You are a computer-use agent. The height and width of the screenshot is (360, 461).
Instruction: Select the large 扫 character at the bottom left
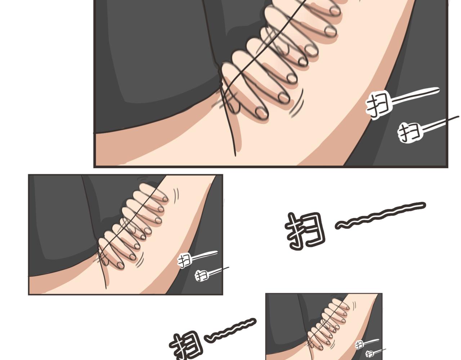pyautogui.click(x=187, y=346)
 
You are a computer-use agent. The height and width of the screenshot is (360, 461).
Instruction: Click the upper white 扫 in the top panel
pyautogui.click(x=378, y=104)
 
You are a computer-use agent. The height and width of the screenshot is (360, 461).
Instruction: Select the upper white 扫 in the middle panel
pyautogui.click(x=184, y=260)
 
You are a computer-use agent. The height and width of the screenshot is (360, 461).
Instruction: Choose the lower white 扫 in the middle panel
pyautogui.click(x=201, y=276)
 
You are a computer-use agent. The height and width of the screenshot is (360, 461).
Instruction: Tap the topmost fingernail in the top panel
pyautogui.click(x=335, y=10)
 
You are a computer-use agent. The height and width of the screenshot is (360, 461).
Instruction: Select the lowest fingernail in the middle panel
pyautogui.click(x=121, y=265)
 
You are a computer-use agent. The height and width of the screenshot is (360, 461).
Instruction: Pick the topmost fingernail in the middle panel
pyautogui.click(x=165, y=199)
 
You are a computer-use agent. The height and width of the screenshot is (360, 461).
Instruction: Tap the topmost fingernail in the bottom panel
pyautogui.click(x=348, y=308)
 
